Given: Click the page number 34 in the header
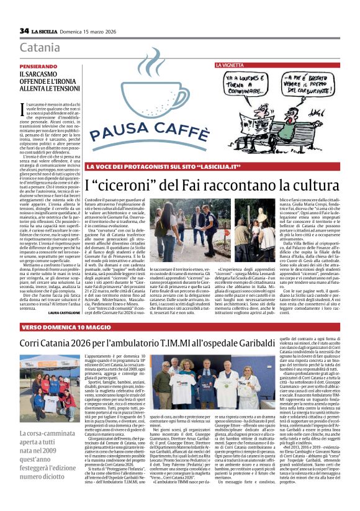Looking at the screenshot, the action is point(24,30).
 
